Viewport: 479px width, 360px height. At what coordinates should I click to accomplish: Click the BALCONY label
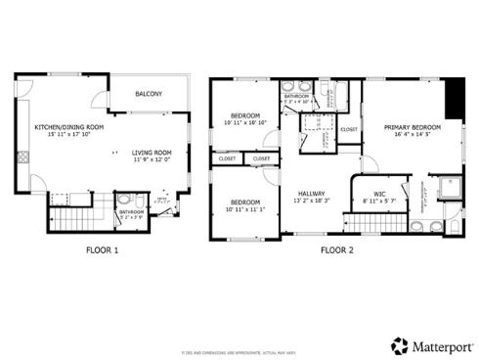point(148,94)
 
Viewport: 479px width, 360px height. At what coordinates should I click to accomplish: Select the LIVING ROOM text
point(152,153)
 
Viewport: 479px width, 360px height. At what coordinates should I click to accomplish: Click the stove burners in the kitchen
point(19,156)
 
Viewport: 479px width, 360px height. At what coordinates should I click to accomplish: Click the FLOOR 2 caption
point(337,250)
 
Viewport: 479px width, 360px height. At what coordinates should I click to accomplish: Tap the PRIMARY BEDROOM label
point(412,127)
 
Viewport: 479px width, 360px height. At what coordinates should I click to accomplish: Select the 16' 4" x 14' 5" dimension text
point(412,136)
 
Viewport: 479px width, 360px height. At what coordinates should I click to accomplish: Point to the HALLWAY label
point(312,194)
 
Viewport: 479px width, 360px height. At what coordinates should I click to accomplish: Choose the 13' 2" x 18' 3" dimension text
point(312,202)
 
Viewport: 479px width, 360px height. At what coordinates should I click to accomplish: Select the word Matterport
point(439,344)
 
